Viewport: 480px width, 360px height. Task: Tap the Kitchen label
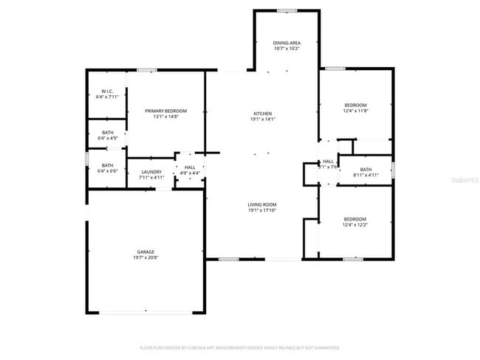(x=263, y=114)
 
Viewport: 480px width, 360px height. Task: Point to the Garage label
(x=145, y=252)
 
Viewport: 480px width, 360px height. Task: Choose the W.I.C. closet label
(x=106, y=91)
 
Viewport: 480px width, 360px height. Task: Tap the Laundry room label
(x=151, y=172)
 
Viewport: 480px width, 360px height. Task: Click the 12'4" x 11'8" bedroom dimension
(x=355, y=111)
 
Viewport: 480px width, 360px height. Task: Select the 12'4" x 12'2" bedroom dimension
(x=355, y=225)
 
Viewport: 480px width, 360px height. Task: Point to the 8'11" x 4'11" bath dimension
(x=366, y=176)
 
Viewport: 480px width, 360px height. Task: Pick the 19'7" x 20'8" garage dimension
(x=145, y=258)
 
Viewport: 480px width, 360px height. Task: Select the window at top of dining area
(x=287, y=10)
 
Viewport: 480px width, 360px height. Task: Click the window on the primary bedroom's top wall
(x=146, y=70)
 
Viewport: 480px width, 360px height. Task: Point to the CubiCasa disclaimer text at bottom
(x=240, y=347)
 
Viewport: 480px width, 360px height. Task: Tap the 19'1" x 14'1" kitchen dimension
(x=263, y=120)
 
